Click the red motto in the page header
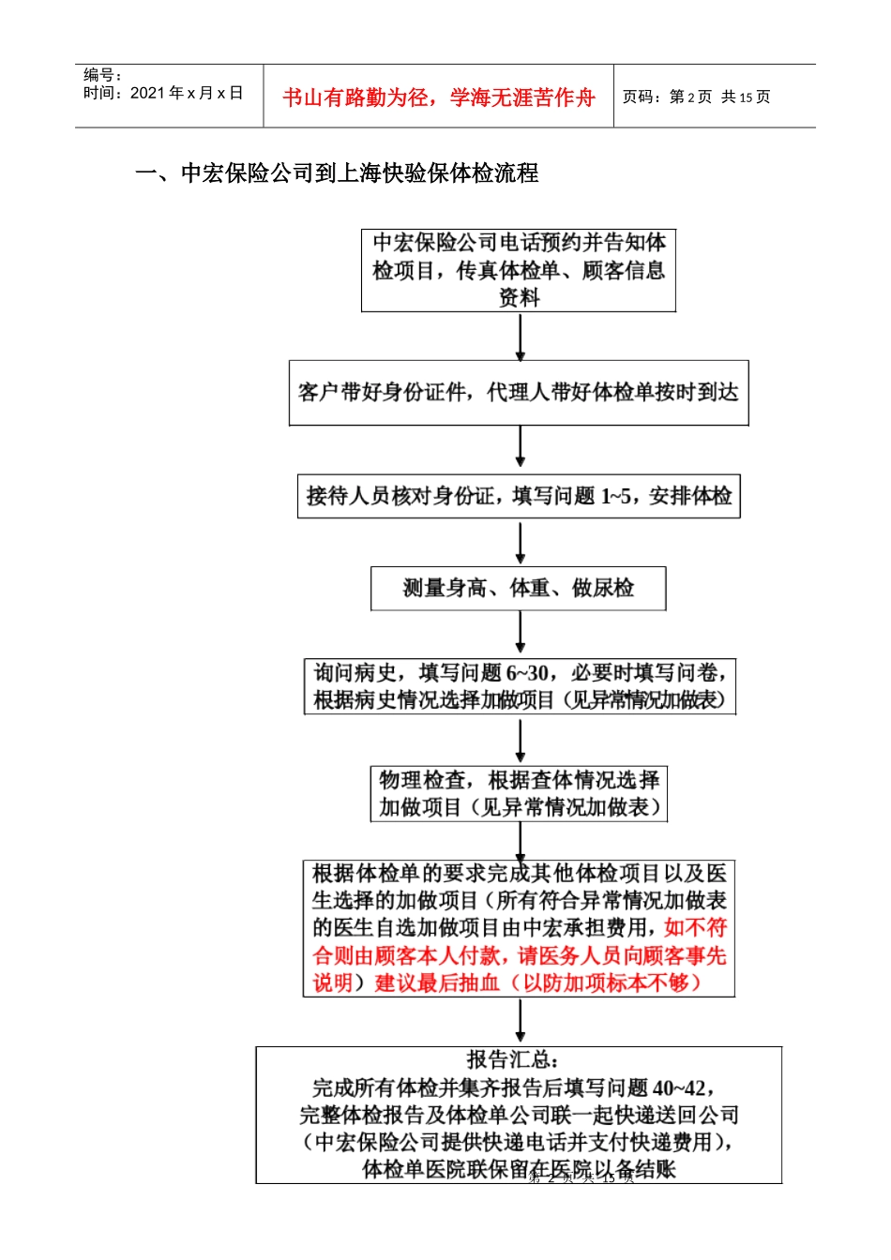coord(438,97)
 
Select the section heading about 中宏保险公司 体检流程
coord(337,173)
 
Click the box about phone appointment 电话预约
coord(519,270)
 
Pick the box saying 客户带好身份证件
coord(519,393)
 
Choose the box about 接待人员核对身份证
coord(519,496)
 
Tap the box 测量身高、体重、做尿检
coord(519,589)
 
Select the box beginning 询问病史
coord(520,686)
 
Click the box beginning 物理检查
coord(519,794)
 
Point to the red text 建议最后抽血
coord(436,982)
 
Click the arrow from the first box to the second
coord(521,337)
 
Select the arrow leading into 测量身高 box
coord(521,543)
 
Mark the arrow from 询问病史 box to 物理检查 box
coord(521,742)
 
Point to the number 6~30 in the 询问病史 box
coord(526,673)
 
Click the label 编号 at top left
coord(101,75)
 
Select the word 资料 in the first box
coord(519,298)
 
